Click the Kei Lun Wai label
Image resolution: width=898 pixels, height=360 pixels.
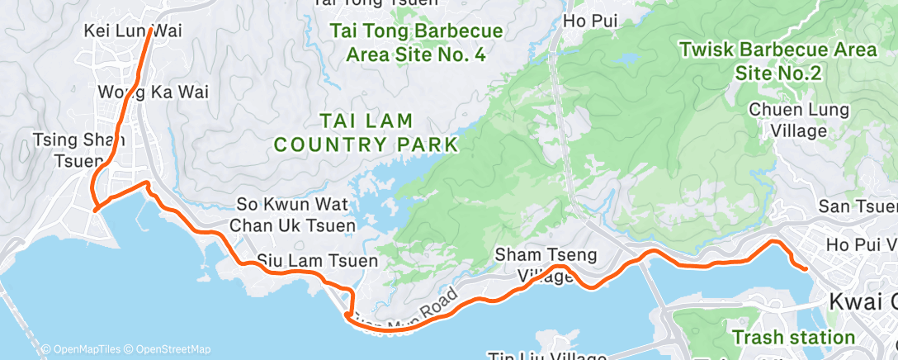pos(132,31)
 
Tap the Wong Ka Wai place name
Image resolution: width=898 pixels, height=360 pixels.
pos(152,92)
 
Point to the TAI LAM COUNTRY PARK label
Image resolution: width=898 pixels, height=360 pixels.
pos(366,133)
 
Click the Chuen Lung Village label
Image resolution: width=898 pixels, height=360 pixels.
pos(787,120)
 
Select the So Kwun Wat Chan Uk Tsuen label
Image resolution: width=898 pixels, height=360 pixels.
pos(295,214)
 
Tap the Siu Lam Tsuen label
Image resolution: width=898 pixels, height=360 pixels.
pos(317,260)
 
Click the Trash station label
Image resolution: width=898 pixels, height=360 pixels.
pos(794,337)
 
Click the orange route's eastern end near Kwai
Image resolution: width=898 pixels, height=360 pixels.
pos(806,267)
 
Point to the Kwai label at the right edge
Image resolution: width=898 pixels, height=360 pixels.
pos(862,300)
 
